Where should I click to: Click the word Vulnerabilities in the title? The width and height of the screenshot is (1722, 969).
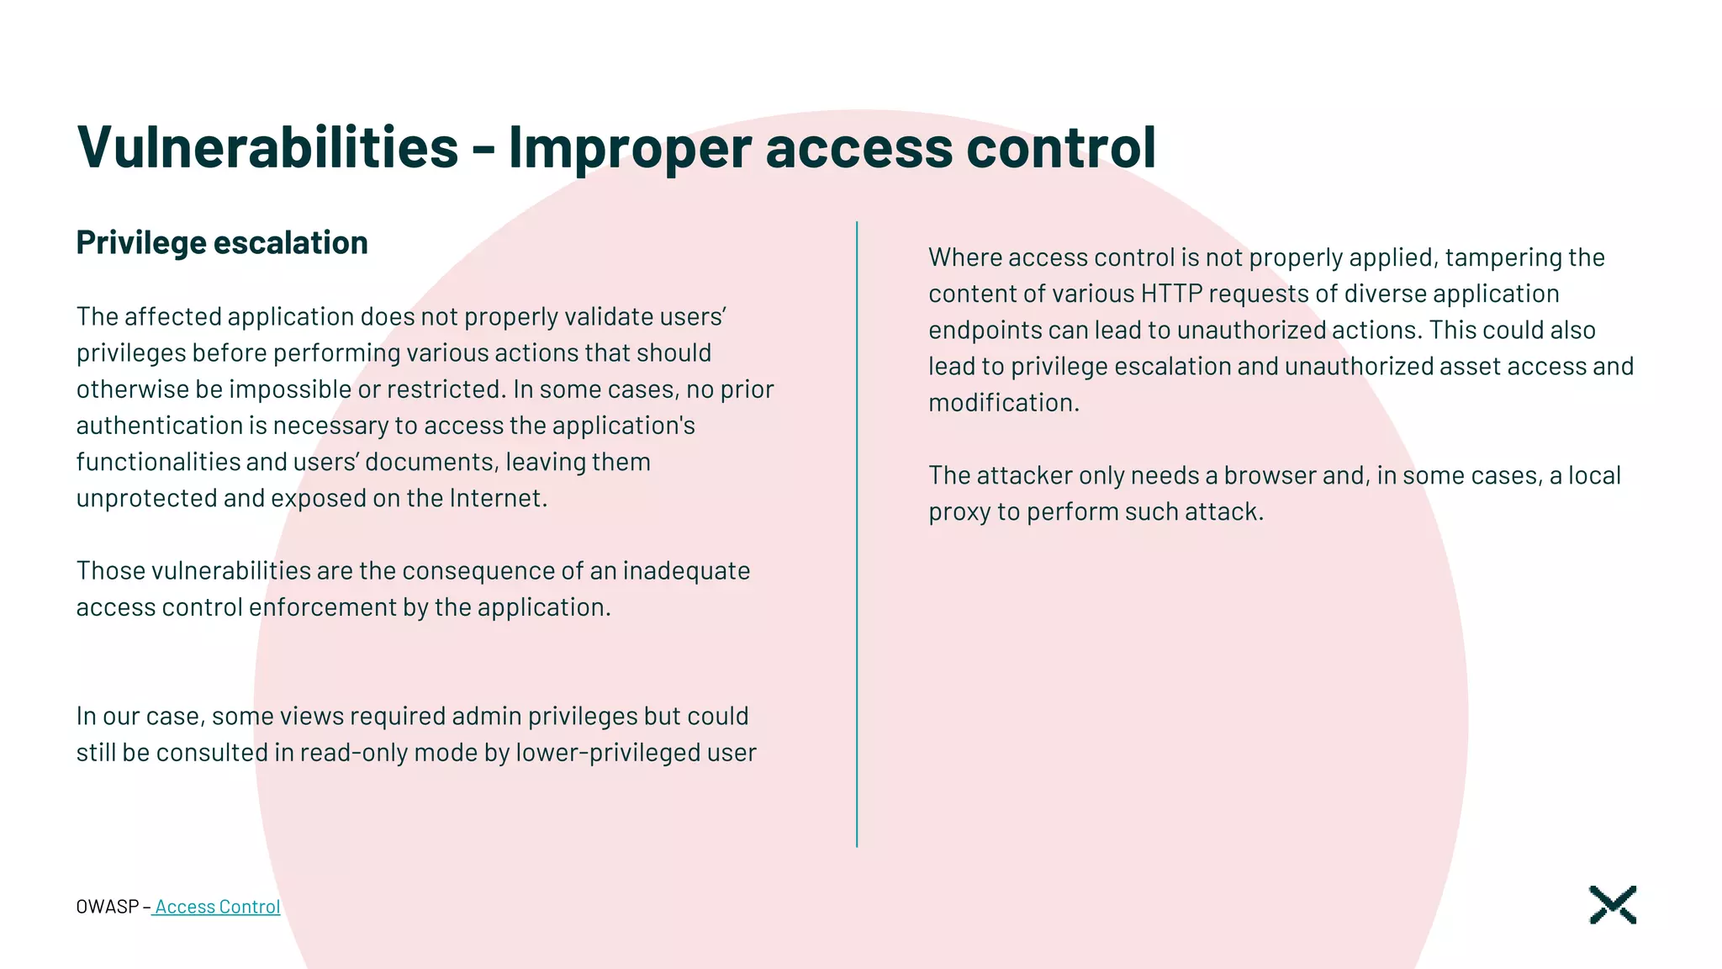point(267,147)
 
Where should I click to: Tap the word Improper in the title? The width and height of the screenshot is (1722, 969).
point(630,147)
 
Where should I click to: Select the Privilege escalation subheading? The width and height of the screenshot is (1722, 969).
point(222,243)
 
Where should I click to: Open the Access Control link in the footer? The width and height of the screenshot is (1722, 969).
point(217,907)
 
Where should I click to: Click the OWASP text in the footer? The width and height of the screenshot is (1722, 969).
point(107,907)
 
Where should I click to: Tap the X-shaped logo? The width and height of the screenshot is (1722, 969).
point(1612,905)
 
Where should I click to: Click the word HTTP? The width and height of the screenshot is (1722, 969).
point(1171,294)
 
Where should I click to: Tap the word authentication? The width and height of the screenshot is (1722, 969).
point(159,426)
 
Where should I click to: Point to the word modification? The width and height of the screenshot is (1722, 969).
point(1002,403)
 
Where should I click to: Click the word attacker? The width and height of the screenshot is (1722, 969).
point(1023,475)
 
